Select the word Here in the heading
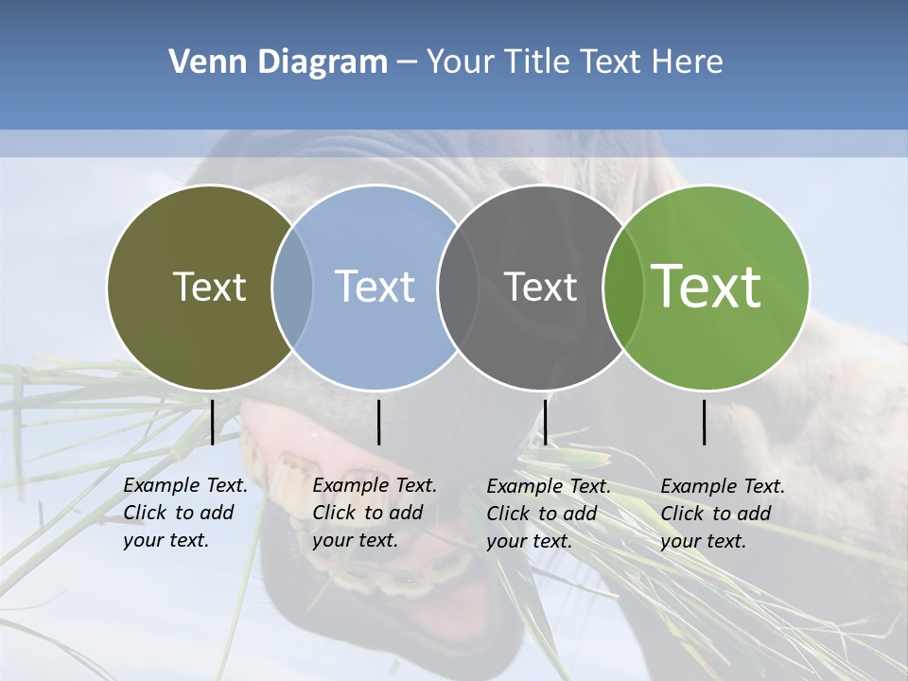tap(688, 62)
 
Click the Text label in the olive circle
tap(209, 287)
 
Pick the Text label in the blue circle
tap(375, 287)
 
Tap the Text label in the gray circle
tap(540, 287)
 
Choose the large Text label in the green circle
tap(707, 287)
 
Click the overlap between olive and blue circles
tap(292, 287)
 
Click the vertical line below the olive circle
tap(212, 422)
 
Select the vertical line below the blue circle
tap(378, 422)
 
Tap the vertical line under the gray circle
tap(545, 422)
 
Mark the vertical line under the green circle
tap(705, 422)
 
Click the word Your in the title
tap(461, 62)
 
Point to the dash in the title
tap(407, 62)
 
